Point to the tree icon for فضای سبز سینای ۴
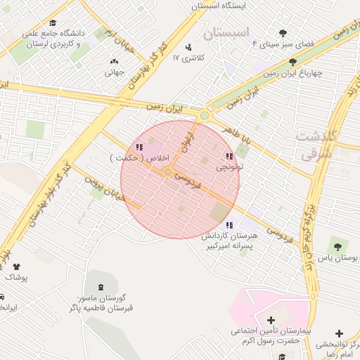(x=283, y=33)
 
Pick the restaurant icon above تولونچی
(x=229, y=156)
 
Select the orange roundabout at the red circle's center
(x=168, y=172)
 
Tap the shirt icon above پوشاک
(x=16, y=266)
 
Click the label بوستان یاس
(x=339, y=258)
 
